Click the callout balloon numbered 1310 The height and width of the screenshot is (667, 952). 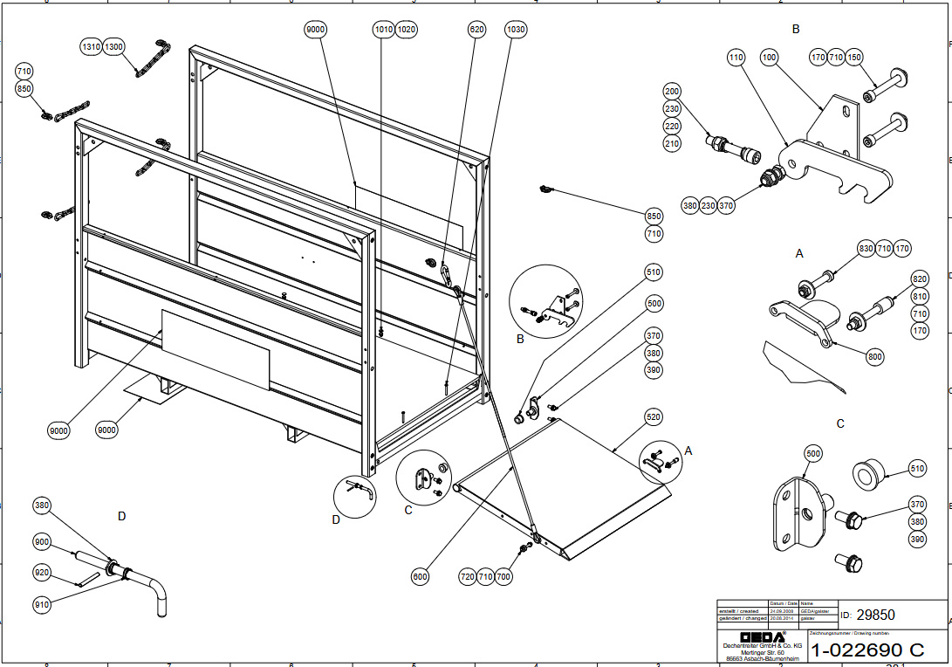tap(92, 46)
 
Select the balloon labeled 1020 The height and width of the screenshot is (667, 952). tap(407, 30)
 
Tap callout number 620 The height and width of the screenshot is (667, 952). tap(476, 30)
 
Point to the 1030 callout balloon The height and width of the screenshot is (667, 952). tap(516, 30)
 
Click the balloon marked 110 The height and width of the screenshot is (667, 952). tap(736, 58)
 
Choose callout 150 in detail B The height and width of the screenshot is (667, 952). tap(854, 58)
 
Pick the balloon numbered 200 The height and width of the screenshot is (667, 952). tap(672, 92)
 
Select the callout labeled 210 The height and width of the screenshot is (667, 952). tap(672, 143)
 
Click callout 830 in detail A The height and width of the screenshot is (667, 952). tap(866, 249)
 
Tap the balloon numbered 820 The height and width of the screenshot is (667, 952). tap(920, 279)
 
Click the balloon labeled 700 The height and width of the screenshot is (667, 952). tap(504, 576)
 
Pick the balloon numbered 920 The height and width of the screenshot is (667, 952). tap(43, 573)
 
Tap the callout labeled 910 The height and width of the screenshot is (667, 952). tap(43, 603)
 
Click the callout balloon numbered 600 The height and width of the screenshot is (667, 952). tap(421, 576)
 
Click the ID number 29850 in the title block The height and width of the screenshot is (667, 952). tap(876, 615)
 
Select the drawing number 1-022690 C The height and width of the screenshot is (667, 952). tap(866, 650)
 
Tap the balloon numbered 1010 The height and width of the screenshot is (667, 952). tap(383, 30)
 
